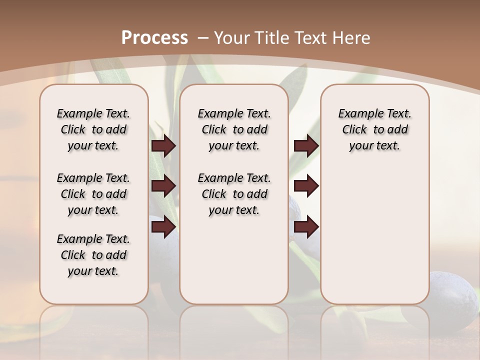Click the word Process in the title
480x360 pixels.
154,37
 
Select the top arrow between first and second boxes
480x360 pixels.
163,146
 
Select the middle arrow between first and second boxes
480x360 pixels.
163,186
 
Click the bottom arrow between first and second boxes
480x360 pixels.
163,227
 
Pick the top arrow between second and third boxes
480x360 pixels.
306,146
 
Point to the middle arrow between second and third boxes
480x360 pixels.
306,186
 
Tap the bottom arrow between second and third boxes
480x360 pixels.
306,227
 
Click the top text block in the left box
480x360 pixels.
93,129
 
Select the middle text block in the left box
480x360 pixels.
93,194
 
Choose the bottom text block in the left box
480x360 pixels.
93,255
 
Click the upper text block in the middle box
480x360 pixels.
234,129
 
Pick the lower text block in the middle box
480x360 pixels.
234,194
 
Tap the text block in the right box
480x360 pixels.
374,129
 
